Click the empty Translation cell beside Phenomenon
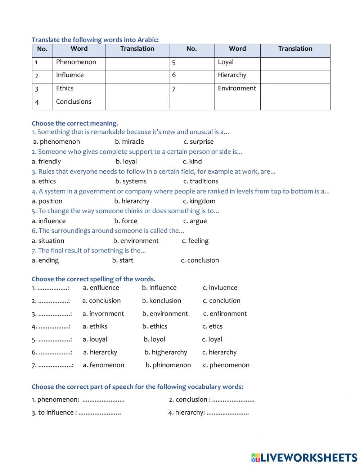pos(137,64)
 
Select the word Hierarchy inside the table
pos(232,75)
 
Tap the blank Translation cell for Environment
pos(295,90)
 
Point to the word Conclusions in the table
pos(73,102)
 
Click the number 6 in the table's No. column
pos(174,75)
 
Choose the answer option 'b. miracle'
pos(129,142)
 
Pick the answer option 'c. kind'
pos(192,162)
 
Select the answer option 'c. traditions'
pos(201,182)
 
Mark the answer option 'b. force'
pos(126,221)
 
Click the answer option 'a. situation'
pos(48,241)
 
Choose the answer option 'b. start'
pos(122,260)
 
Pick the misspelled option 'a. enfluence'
pos(101,288)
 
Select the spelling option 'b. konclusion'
pos(162,301)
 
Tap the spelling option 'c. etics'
pos(212,327)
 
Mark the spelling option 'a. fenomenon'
pos(103,365)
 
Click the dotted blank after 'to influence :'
pos(100,413)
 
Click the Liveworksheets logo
pos(304,457)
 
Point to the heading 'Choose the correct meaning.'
pos(75,124)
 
